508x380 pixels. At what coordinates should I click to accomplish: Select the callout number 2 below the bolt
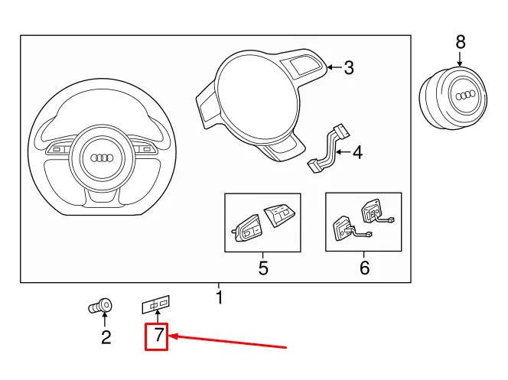click(106, 336)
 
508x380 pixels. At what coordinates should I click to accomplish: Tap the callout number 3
click(348, 68)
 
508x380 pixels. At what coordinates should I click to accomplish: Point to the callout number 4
click(357, 153)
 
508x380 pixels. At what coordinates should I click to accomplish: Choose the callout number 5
click(262, 268)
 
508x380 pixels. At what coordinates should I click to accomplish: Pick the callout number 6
click(364, 268)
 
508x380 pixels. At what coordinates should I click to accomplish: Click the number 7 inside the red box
click(157, 335)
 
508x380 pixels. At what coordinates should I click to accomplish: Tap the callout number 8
click(460, 41)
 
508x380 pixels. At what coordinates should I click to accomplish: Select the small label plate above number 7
click(155, 305)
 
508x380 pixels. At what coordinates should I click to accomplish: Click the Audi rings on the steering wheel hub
click(102, 158)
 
